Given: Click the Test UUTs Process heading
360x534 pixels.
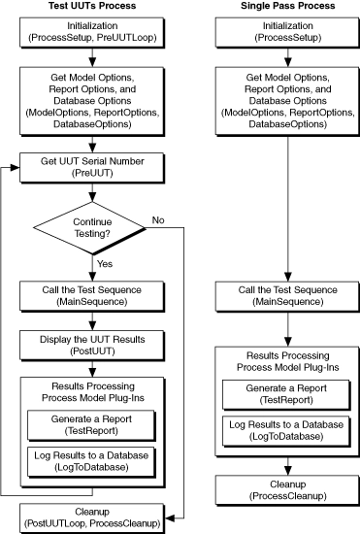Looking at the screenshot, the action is point(92,6).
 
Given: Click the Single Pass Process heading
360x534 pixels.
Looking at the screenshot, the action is point(288,6).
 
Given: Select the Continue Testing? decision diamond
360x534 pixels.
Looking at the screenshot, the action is point(90,228).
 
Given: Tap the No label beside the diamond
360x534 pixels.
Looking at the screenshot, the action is point(158,220).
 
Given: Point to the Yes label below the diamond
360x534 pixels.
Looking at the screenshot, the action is point(105,264).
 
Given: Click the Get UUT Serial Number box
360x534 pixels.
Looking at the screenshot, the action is point(92,168).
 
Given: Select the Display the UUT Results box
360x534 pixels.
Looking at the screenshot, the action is point(92,346).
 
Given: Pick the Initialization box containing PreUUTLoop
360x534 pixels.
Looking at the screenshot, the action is point(92,33).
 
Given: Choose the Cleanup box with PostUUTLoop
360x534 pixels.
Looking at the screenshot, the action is point(92,518).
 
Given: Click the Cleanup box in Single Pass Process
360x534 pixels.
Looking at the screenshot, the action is point(287,490).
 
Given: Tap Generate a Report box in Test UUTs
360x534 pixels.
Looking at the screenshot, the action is point(91,425).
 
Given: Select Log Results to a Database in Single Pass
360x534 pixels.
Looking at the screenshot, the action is point(286,431).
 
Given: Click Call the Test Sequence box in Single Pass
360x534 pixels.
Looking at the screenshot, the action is point(287,296).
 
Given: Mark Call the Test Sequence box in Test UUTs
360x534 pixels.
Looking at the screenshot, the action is point(92,296).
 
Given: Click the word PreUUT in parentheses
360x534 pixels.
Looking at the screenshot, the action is point(92,173).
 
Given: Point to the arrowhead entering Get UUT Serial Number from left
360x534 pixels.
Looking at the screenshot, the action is point(16,168).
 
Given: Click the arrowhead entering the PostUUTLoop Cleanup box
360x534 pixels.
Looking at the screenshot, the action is point(170,518).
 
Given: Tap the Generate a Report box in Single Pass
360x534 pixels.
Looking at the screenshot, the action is point(286,395).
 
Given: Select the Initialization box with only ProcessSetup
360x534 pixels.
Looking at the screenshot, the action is point(287,33).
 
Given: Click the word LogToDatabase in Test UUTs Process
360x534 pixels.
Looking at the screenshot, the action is point(91,467).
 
